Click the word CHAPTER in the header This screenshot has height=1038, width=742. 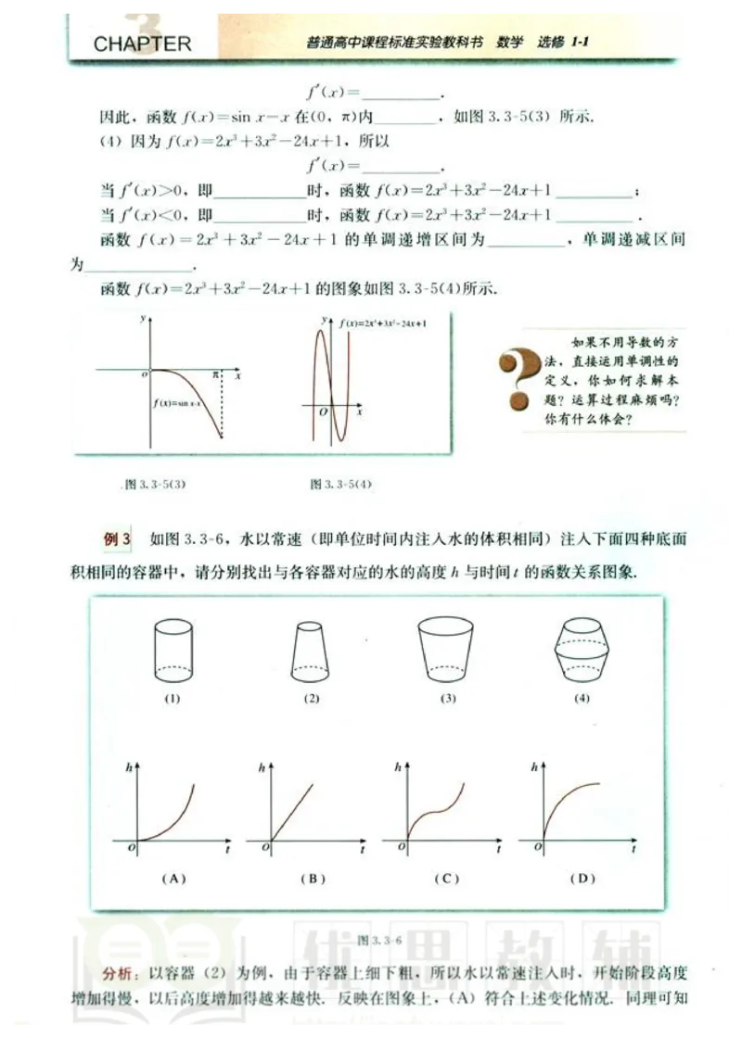(x=142, y=44)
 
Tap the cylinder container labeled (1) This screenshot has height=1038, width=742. (x=173, y=651)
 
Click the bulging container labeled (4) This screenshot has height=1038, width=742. (x=582, y=651)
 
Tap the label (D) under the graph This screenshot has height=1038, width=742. (x=582, y=878)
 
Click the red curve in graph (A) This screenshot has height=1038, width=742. (x=178, y=816)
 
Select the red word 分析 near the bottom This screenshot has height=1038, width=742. (x=118, y=975)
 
